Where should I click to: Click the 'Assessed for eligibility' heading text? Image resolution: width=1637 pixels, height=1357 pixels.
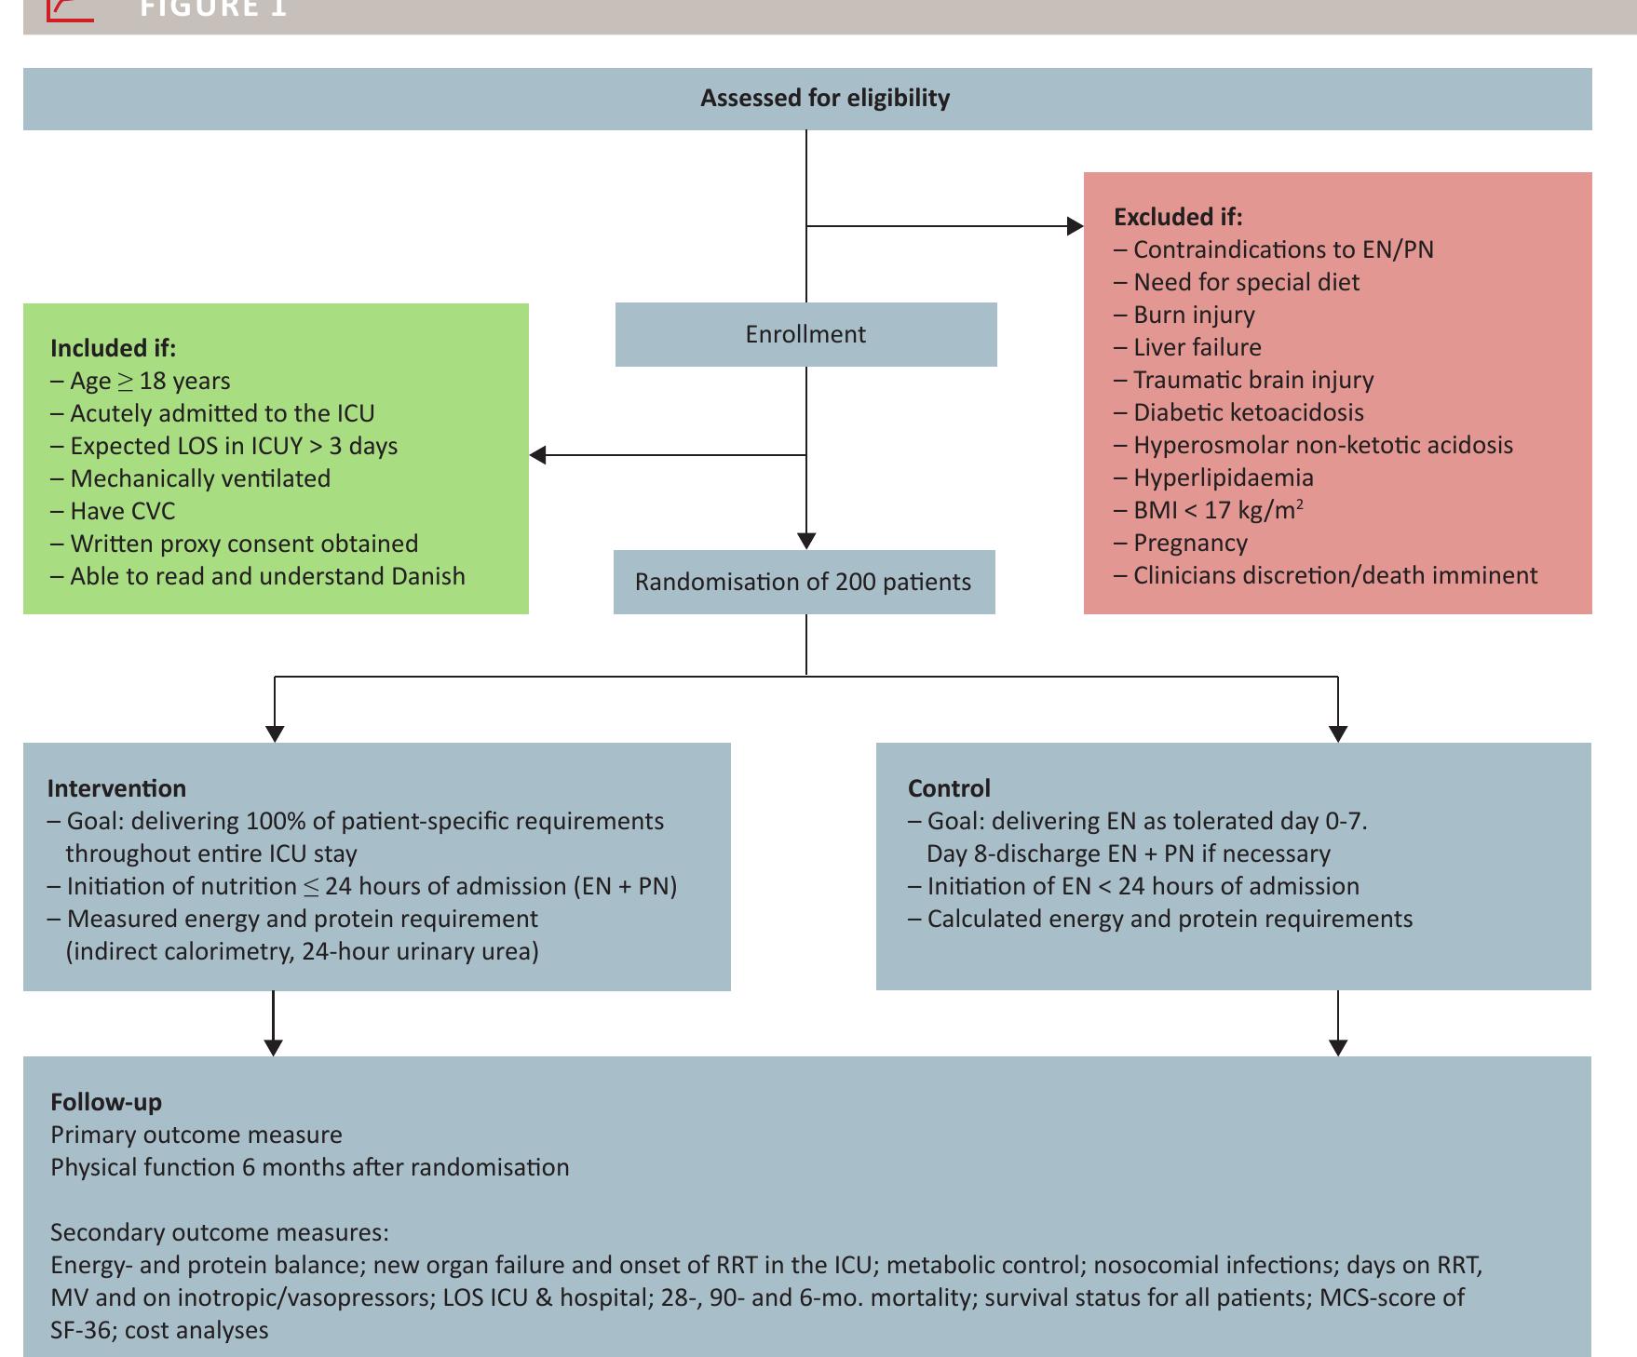click(825, 99)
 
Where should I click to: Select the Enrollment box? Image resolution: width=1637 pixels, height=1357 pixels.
click(805, 334)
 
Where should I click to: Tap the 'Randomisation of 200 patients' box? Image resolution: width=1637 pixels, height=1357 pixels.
click(804, 583)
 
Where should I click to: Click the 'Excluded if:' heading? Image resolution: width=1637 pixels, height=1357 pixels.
click(1178, 217)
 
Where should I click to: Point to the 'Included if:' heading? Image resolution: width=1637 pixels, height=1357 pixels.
click(113, 348)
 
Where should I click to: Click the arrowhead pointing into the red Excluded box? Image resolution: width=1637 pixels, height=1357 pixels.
click(1075, 225)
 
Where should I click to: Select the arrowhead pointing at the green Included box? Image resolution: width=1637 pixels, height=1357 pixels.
click(538, 455)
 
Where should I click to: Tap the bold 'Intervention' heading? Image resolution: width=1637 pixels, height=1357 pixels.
click(116, 788)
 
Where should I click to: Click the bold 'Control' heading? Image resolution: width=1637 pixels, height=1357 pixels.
click(949, 788)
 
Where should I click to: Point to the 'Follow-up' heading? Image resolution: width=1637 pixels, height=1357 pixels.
click(106, 1102)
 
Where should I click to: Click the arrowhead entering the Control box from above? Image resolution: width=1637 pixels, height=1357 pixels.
click(1338, 733)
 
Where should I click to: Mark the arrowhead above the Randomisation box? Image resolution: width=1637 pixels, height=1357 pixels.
click(806, 541)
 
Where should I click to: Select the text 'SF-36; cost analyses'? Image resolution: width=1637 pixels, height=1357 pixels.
click(159, 1330)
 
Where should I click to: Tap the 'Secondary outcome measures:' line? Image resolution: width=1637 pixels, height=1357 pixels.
click(220, 1232)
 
